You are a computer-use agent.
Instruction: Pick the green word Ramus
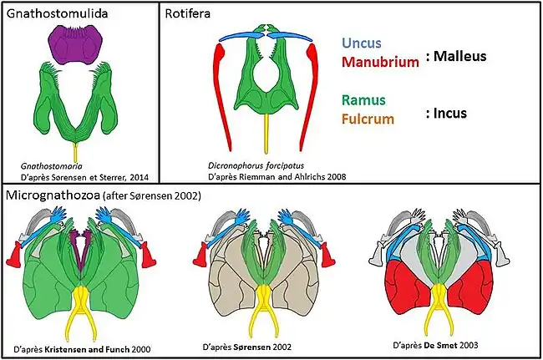[363, 100]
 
